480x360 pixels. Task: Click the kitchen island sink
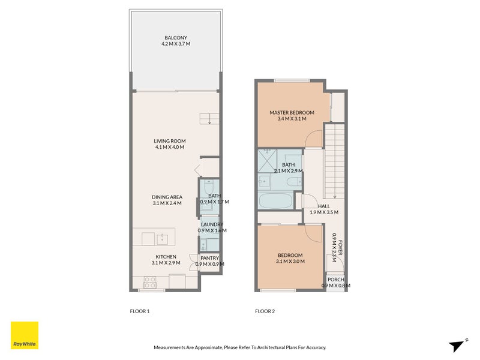click(162, 239)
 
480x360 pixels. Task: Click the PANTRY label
click(209, 258)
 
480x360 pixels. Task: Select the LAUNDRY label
click(212, 224)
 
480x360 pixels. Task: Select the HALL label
click(324, 206)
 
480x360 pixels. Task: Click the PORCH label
click(335, 279)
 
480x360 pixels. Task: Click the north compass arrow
click(457, 345)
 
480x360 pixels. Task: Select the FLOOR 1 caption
click(139, 311)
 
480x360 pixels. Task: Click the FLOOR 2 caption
click(265, 311)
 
